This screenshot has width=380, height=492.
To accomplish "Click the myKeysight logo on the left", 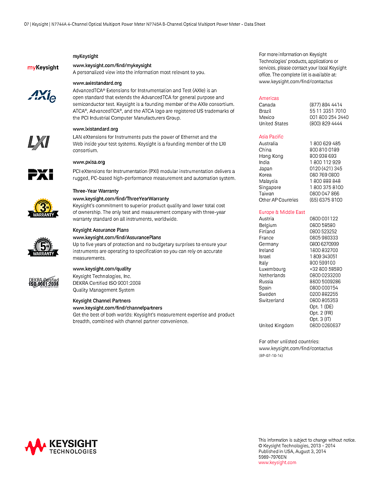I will (x=43, y=68).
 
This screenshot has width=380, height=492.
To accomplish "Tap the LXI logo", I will (x=38, y=142).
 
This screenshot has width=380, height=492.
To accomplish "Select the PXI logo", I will (x=40, y=174).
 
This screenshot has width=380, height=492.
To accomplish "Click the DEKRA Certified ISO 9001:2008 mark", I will (x=43, y=282).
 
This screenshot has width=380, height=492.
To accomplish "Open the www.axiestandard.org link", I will (x=97, y=83).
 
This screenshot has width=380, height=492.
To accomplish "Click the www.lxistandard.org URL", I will (x=95, y=129).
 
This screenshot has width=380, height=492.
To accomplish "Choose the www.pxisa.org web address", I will (x=89, y=162).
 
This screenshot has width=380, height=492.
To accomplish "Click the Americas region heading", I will (x=269, y=98).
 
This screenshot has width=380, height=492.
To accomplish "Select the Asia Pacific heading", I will (x=271, y=137).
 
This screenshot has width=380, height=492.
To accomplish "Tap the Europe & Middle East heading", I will (x=282, y=212).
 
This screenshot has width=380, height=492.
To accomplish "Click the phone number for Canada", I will (x=326, y=105).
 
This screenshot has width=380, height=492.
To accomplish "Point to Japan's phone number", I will (x=326, y=169).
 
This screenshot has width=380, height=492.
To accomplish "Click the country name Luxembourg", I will (x=272, y=269).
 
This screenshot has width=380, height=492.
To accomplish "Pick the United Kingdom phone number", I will (x=325, y=326).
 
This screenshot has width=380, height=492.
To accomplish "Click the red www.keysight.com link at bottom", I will (x=277, y=462).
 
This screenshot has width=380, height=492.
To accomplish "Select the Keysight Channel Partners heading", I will (x=101, y=301).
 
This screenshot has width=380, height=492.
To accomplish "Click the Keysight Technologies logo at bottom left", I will (x=61, y=446).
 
